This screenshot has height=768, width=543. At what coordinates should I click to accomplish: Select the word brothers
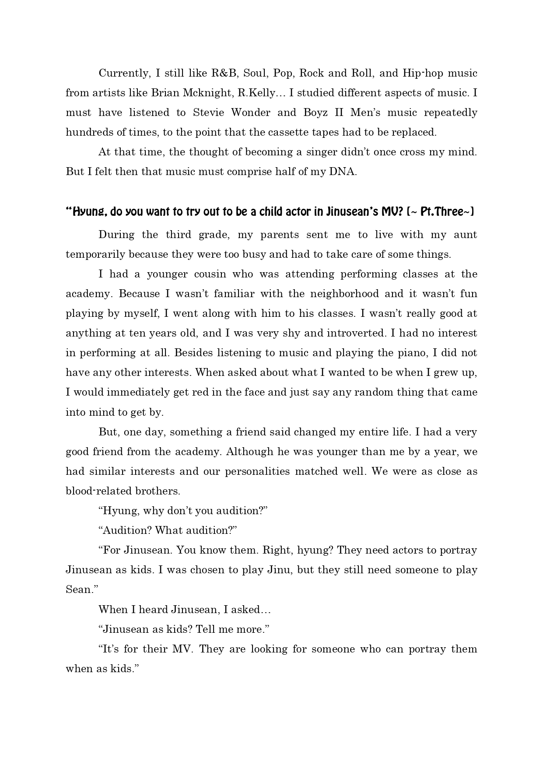[x=157, y=491]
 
